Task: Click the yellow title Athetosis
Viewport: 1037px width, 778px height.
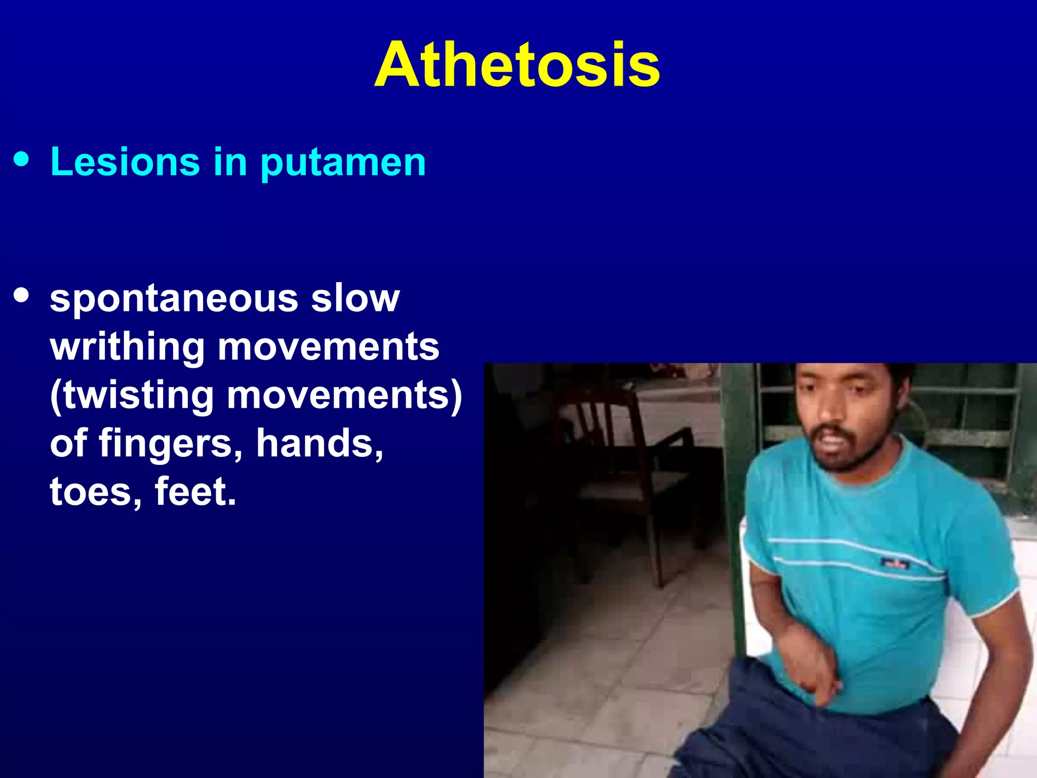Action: (517, 65)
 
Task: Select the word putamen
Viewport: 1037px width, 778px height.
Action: (343, 163)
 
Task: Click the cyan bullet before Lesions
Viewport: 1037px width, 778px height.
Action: (22, 160)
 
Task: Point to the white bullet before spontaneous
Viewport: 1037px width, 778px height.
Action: (22, 295)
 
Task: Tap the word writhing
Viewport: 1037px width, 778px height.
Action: (127, 347)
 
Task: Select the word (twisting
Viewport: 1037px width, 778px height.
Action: (132, 396)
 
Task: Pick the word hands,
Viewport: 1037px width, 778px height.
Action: (320, 443)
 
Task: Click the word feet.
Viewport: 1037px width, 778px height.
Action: (195, 491)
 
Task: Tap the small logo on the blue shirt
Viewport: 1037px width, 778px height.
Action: (896, 563)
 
